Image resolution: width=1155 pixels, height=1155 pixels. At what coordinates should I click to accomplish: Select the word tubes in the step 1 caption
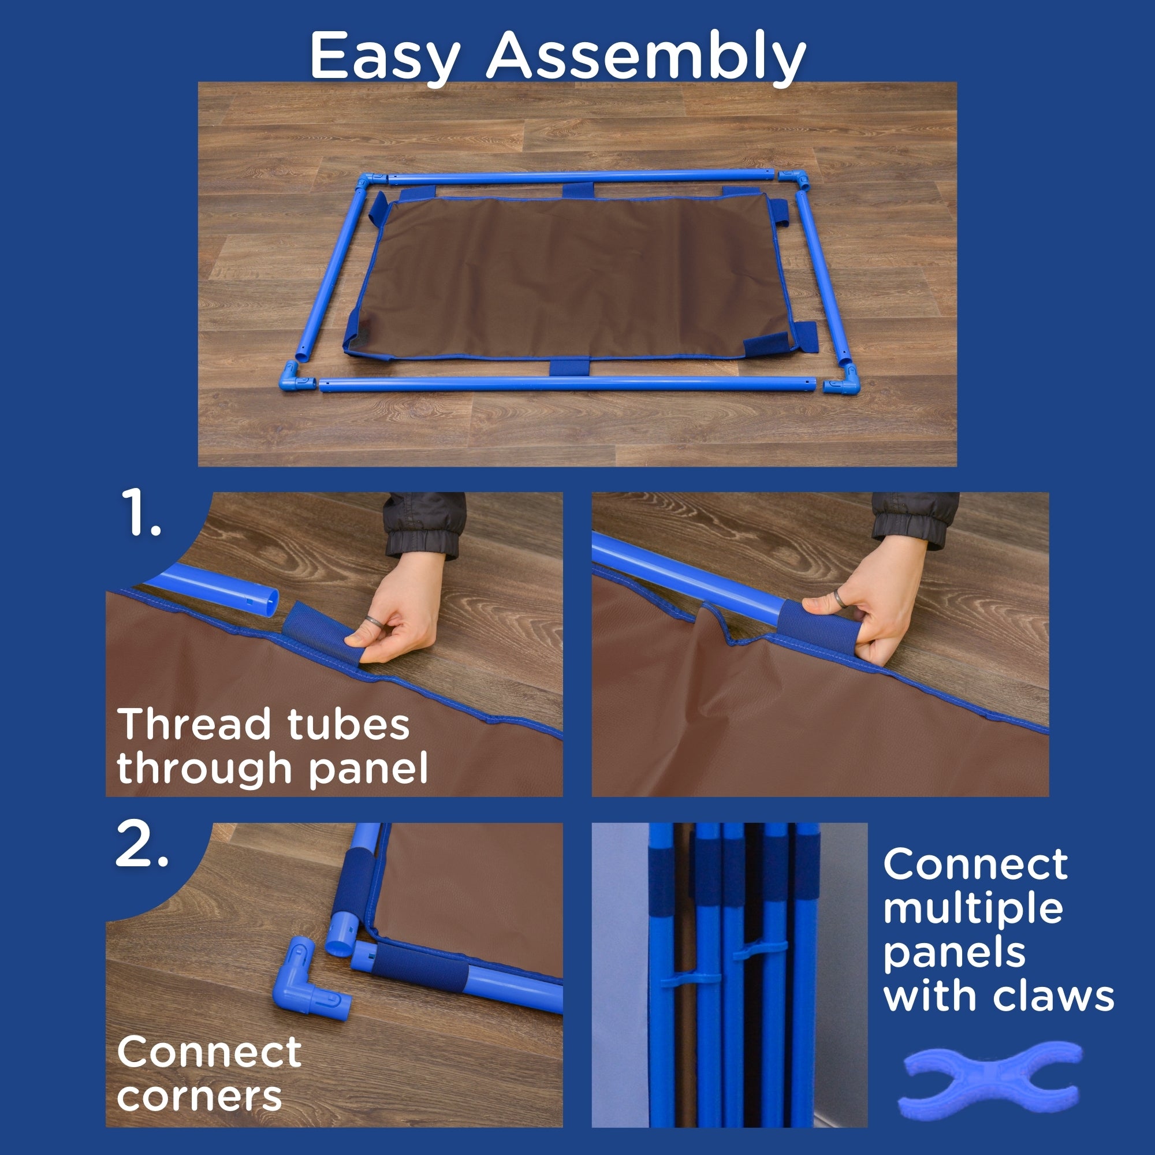[x=349, y=725]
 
